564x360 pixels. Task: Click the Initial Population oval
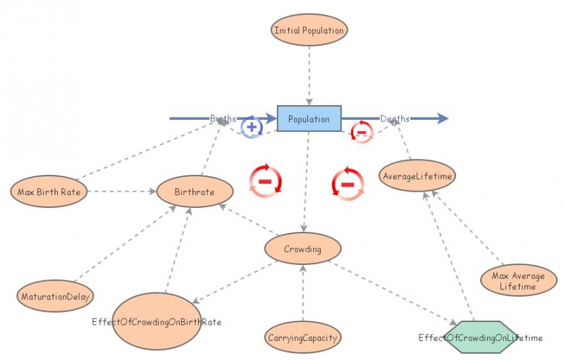[309, 30]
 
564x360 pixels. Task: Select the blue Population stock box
[309, 118]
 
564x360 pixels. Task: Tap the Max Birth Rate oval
[49, 191]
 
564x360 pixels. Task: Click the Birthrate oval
[195, 192]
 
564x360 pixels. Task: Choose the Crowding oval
[302, 249]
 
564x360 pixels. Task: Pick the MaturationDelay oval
[56, 297]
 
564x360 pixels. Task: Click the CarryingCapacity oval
[302, 338]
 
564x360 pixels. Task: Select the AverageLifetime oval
[417, 175]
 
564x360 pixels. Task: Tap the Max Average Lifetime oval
[518, 281]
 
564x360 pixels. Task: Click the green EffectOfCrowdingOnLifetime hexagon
[480, 337]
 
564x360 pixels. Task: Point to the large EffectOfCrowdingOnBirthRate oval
[157, 322]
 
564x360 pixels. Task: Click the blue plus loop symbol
[252, 128]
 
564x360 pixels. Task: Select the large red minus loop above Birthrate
[265, 180]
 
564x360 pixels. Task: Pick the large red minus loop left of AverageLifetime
[348, 184]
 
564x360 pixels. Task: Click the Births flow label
[223, 118]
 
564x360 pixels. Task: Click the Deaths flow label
[395, 118]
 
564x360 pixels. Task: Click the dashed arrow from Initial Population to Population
[309, 74]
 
